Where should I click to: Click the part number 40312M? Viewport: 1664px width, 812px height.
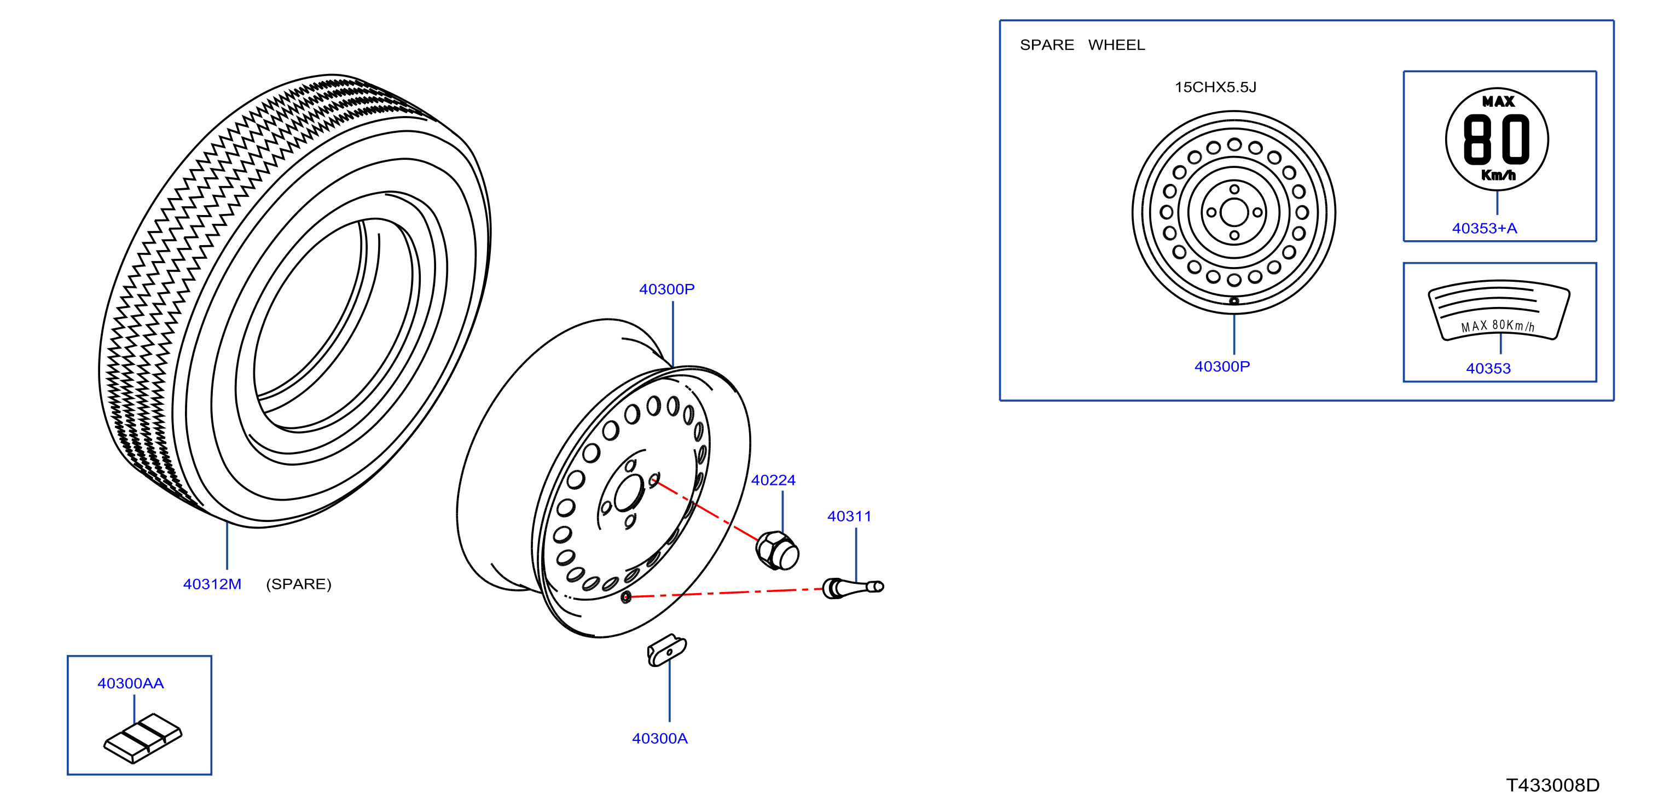[x=212, y=584]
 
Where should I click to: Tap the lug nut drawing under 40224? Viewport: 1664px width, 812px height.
[x=777, y=550]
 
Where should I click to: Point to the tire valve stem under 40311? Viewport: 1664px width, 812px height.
[x=853, y=588]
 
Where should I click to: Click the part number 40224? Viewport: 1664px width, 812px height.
[x=773, y=480]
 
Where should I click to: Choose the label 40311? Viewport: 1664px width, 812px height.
[x=849, y=516]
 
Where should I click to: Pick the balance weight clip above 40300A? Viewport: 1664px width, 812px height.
[x=666, y=650]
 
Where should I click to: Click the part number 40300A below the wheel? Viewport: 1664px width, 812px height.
[x=659, y=738]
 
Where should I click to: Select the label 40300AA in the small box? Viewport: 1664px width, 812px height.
[x=130, y=683]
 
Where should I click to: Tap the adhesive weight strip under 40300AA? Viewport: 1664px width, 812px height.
[x=143, y=738]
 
